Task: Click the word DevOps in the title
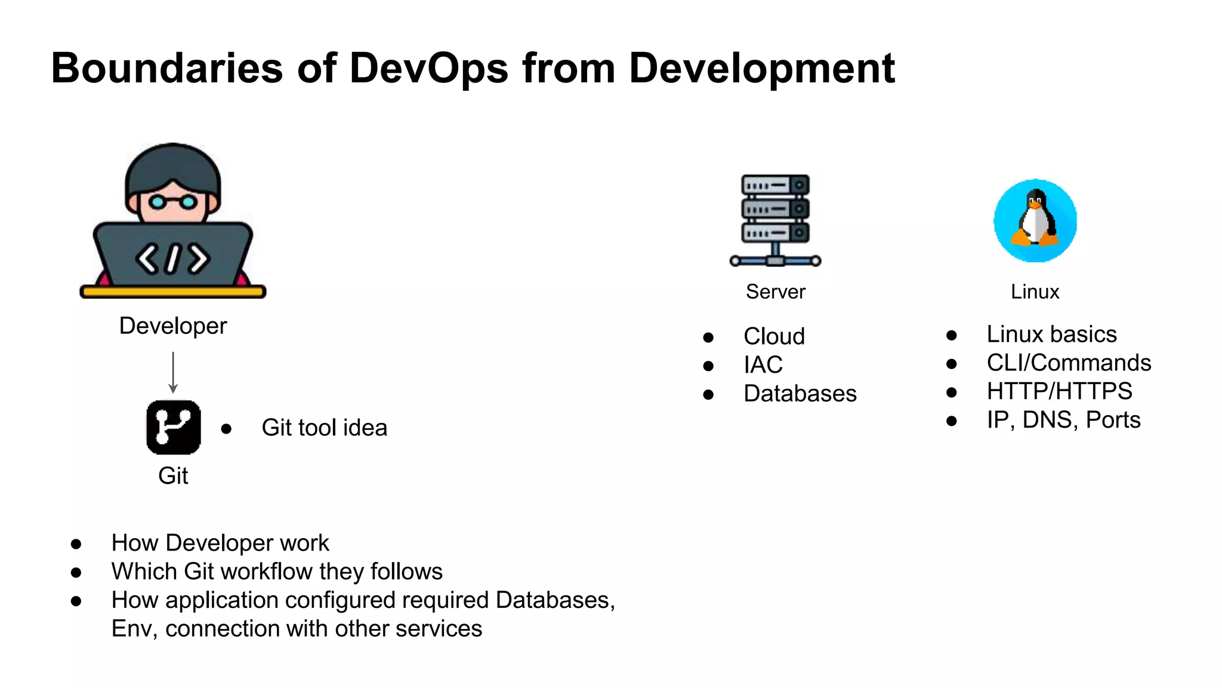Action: [x=428, y=68]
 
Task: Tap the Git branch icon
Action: [x=173, y=427]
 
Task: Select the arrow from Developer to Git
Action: [x=173, y=372]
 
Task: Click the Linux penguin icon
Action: [x=1035, y=220]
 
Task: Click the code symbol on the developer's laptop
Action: [x=172, y=259]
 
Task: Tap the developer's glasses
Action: [x=172, y=202]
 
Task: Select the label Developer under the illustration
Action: [x=173, y=326]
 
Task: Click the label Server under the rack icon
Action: [x=775, y=291]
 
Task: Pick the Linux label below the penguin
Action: [x=1035, y=291]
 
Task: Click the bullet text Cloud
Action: [x=774, y=336]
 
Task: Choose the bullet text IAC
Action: [x=763, y=365]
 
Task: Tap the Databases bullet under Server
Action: [x=800, y=394]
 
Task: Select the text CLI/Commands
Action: [x=1069, y=363]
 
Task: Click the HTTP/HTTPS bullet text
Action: [x=1059, y=391]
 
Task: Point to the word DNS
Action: [x=1050, y=420]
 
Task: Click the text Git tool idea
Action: [x=324, y=428]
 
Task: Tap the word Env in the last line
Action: [x=131, y=629]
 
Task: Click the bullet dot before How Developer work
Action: [x=76, y=543]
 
